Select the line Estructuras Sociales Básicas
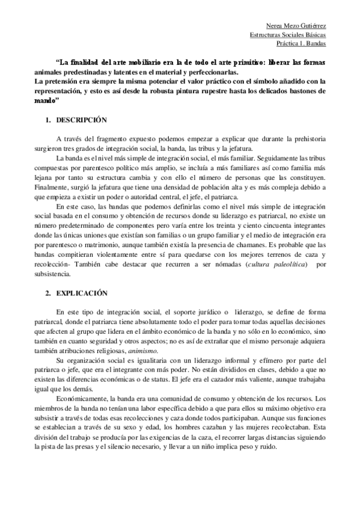[x=288, y=35]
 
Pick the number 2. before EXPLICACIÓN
[x=49, y=293]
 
